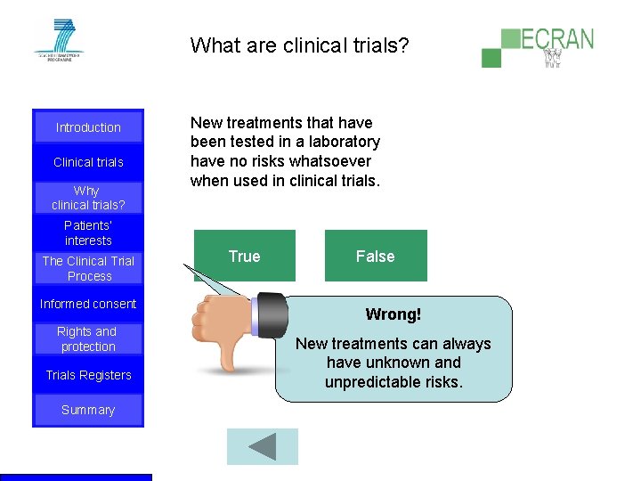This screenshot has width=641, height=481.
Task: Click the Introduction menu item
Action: [x=88, y=127]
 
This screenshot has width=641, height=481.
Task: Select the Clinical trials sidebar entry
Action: [x=88, y=162]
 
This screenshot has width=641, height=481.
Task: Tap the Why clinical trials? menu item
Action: [x=88, y=198]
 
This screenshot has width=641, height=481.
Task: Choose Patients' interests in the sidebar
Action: [x=88, y=232]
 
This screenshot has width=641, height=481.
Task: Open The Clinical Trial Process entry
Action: [x=88, y=268]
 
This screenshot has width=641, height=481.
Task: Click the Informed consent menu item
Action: [x=88, y=304]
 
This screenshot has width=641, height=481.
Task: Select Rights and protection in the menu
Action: [x=88, y=339]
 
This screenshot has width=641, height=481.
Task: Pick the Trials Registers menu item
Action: [x=88, y=375]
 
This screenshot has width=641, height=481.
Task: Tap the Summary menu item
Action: [x=88, y=410]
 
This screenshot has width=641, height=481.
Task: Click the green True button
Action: [x=244, y=256]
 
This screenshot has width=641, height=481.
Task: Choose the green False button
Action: [x=375, y=256]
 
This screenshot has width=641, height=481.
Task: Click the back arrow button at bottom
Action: [x=262, y=446]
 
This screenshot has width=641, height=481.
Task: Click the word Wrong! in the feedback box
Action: [x=393, y=314]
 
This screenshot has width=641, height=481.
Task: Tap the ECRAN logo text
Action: [x=556, y=40]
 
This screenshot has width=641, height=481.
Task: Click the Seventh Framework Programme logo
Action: [x=58, y=40]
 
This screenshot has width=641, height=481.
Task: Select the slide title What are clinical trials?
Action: [x=299, y=45]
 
